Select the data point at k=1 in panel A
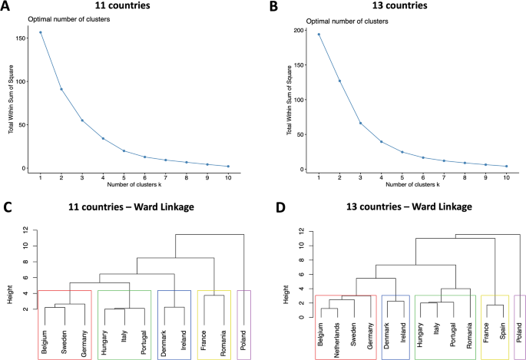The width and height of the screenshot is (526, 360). click(x=41, y=32)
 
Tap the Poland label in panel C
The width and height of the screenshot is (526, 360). click(x=243, y=338)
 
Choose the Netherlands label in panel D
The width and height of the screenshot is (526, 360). click(x=336, y=341)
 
